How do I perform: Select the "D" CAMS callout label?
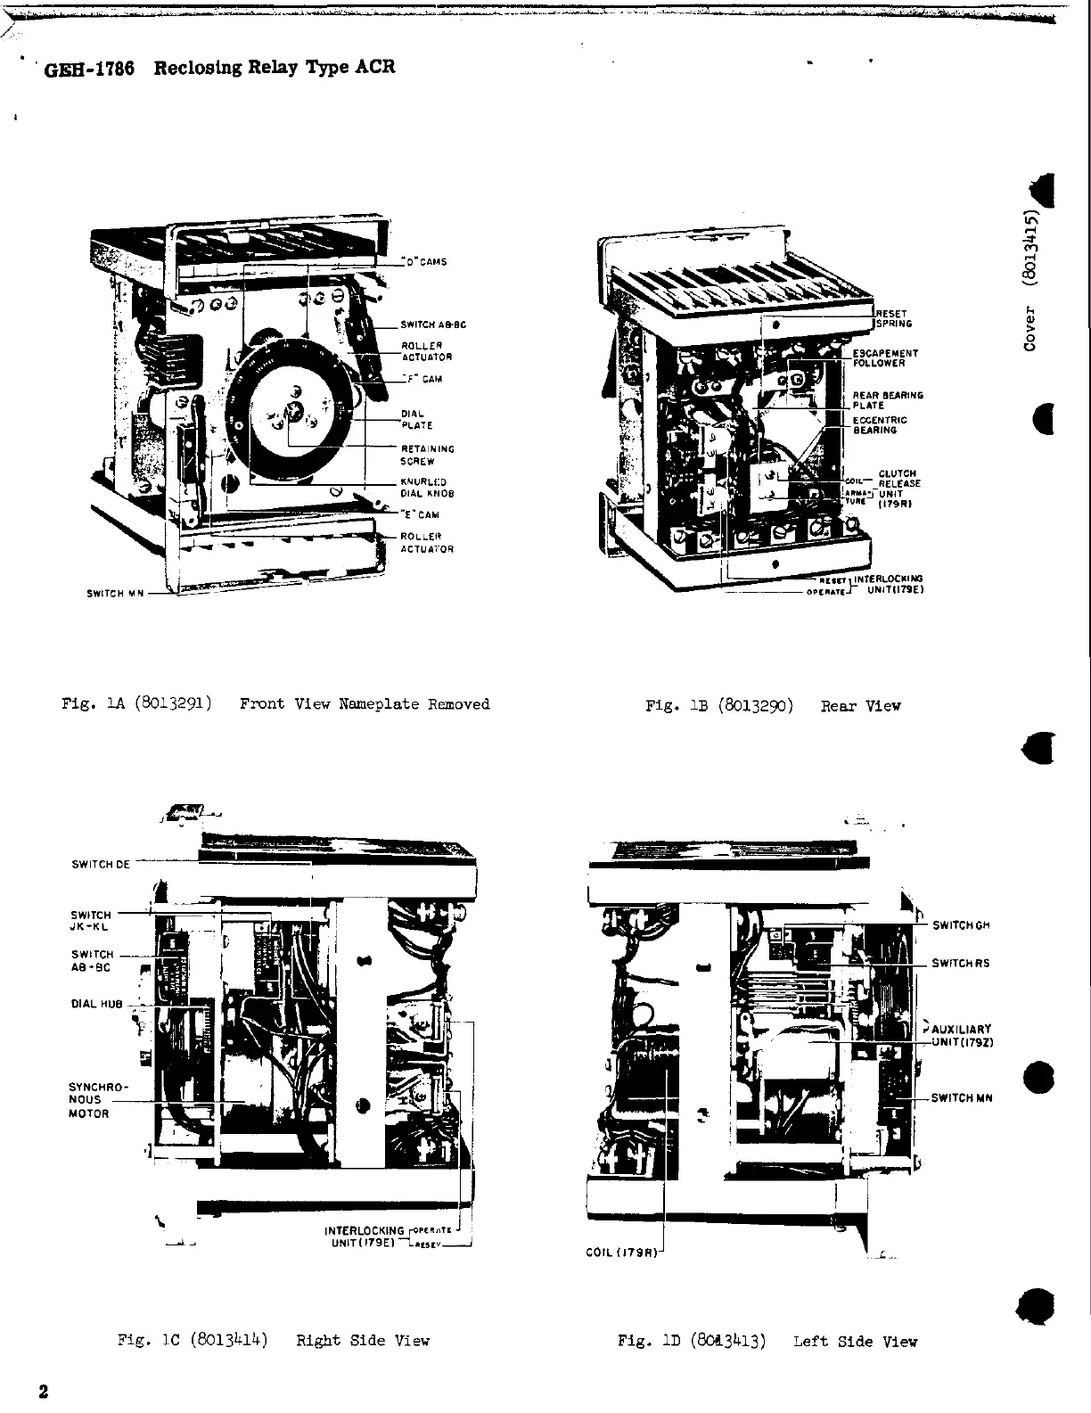[424, 262]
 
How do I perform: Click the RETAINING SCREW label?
[427, 456]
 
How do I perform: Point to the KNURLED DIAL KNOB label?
[427, 488]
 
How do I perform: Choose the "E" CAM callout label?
[420, 514]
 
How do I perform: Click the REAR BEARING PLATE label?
[887, 400]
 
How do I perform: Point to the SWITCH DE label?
[100, 864]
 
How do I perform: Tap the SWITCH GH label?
[961, 925]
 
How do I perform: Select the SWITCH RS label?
[960, 963]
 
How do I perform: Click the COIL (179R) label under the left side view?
[622, 1253]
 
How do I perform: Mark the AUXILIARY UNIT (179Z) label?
[961, 1035]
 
